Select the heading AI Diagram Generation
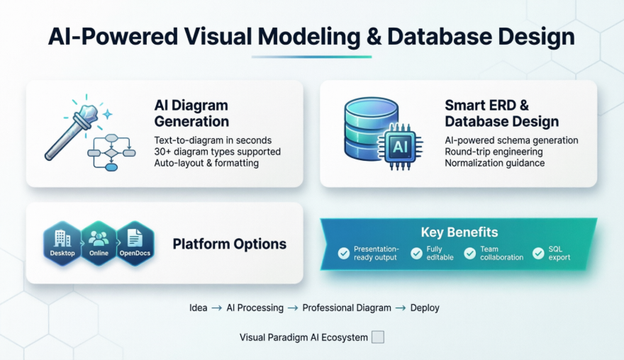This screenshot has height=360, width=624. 191,113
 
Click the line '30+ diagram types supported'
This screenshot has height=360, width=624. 217,152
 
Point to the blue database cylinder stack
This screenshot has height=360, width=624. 366,129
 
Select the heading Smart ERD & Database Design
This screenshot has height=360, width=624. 501,113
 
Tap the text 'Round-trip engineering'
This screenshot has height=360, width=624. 494,152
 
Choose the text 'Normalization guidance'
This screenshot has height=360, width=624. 495,163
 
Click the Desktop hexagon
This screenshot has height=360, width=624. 62,244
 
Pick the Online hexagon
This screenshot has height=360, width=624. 99,244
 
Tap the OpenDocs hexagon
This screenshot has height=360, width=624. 135,244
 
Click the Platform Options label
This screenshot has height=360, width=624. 230,244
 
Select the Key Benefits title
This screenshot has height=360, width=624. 459,232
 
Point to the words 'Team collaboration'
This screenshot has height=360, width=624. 501,253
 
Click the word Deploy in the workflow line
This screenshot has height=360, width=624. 425,308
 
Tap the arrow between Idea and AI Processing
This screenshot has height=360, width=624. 217,308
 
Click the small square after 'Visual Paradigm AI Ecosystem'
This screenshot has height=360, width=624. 378,337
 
